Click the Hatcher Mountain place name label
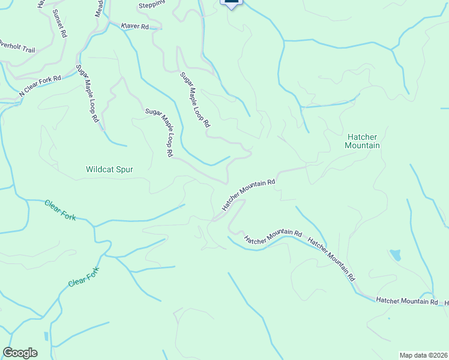click(x=363, y=141)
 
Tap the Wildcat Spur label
click(x=109, y=169)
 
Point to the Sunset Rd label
click(x=60, y=23)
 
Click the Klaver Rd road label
click(x=134, y=26)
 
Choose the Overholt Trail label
click(x=17, y=46)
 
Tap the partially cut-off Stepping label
click(x=151, y=5)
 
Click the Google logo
click(x=20, y=353)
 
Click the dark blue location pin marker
click(x=231, y=3)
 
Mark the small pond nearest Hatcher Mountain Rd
click(x=395, y=255)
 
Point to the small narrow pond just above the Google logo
click(x=46, y=336)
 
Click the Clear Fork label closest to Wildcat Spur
click(x=60, y=210)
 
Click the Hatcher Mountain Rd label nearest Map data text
click(x=406, y=300)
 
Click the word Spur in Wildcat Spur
click(x=123, y=169)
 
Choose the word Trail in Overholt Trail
click(x=26, y=48)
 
